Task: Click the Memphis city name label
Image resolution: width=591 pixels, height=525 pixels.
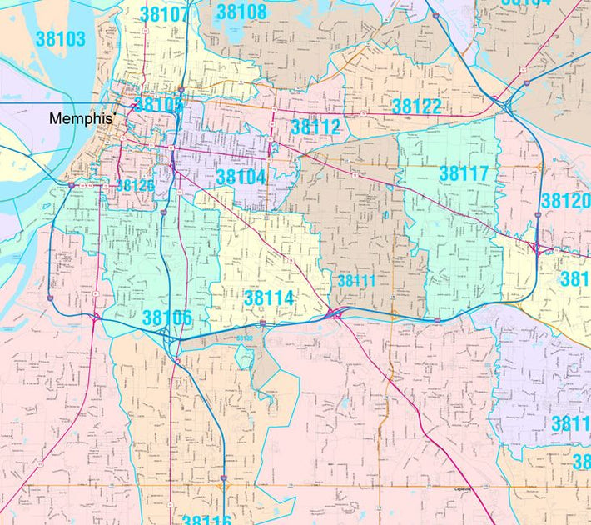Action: [80, 118]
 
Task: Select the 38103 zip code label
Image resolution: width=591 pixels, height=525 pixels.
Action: [61, 39]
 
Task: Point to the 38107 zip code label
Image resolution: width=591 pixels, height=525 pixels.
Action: [164, 15]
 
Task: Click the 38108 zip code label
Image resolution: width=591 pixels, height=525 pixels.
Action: [241, 12]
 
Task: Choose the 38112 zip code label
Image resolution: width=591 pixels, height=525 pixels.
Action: [315, 127]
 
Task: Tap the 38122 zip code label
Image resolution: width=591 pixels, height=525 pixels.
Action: [416, 106]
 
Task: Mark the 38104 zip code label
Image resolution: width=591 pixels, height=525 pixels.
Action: [241, 177]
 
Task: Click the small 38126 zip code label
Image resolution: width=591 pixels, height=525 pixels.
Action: [135, 186]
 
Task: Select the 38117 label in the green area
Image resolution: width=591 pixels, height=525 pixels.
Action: [464, 173]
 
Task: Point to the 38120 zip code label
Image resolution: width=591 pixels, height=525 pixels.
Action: [565, 201]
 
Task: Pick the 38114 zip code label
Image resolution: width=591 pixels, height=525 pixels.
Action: [269, 297]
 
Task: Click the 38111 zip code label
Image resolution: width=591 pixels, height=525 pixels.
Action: [355, 281]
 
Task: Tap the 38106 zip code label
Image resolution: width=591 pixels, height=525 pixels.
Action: [167, 317]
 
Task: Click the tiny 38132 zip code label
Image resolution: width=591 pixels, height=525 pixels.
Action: [243, 338]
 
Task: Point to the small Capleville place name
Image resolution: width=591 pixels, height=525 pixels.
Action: [462, 488]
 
